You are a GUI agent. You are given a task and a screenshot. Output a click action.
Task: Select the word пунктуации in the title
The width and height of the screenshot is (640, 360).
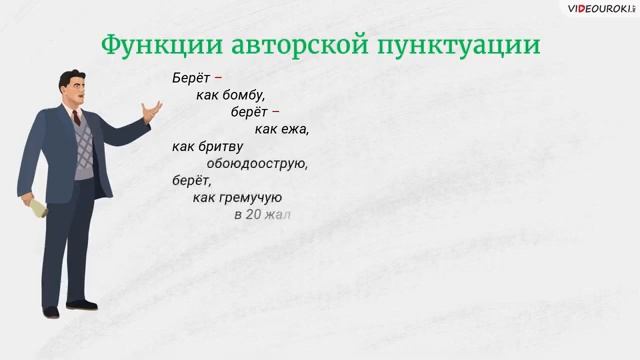click(x=471, y=46)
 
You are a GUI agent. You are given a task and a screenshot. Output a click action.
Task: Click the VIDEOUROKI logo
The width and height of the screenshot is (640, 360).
click(x=601, y=9)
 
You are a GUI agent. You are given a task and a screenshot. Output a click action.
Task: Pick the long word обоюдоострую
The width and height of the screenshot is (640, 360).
click(x=256, y=163)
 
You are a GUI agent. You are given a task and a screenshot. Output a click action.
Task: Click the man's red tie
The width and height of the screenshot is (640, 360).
click(x=77, y=118)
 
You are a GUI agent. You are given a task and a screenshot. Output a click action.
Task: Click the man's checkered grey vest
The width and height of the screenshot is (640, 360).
click(x=84, y=150)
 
